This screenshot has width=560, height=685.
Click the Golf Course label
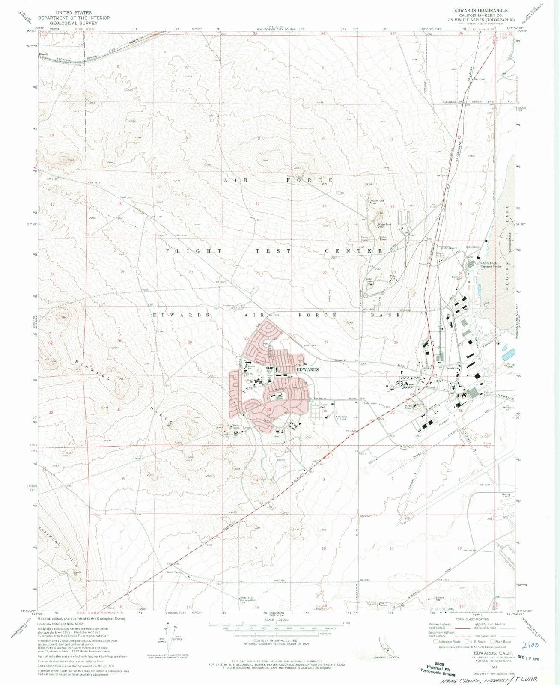(x=277, y=444)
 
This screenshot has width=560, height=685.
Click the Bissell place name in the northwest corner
(x=43, y=54)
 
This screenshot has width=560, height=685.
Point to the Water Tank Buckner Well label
(x=247, y=599)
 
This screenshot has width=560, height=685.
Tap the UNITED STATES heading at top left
(x=73, y=13)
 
